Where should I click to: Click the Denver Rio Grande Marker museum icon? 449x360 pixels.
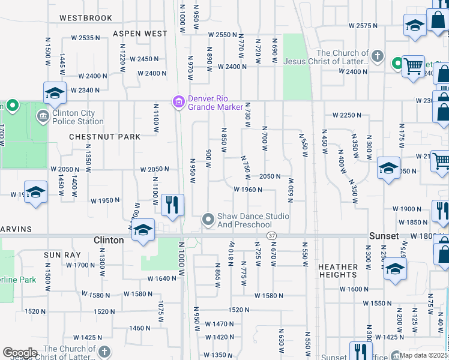pyautogui.click(x=178, y=103)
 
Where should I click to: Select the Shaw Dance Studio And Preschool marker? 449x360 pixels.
pyautogui.click(x=208, y=220)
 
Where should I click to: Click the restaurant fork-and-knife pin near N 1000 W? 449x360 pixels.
pyautogui.click(x=172, y=204)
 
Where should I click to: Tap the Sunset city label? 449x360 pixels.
pyautogui.click(x=384, y=236)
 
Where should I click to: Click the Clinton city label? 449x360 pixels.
pyautogui.click(x=109, y=240)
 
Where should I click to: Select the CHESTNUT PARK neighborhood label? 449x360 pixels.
pyautogui.click(x=105, y=137)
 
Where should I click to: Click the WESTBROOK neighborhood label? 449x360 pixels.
pyautogui.click(x=86, y=18)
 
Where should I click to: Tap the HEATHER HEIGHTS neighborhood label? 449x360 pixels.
pyautogui.click(x=338, y=271)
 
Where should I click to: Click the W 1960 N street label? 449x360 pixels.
pyautogui.click(x=248, y=190)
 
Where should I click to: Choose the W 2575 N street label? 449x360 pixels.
pyautogui.click(x=363, y=26)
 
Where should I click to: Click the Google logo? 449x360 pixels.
pyautogui.click(x=20, y=353)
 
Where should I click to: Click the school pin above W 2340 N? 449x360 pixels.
pyautogui.click(x=54, y=93)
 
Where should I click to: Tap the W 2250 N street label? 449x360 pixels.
pyautogui.click(x=347, y=115)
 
